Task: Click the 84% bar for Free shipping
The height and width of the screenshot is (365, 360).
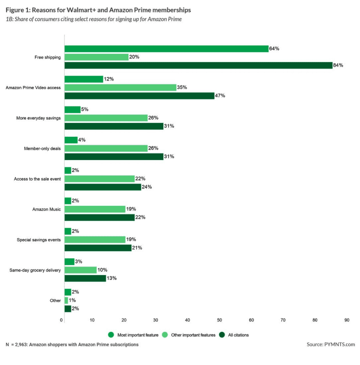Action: [198, 65]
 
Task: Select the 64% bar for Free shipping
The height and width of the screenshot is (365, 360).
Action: [166, 49]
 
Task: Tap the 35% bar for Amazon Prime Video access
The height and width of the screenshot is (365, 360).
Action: [120, 87]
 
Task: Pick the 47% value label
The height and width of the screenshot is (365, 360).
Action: [221, 95]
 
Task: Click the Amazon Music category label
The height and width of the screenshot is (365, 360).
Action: [46, 209]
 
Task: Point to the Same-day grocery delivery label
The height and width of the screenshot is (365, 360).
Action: [35, 270]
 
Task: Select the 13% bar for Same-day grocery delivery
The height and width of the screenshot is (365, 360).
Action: [85, 278]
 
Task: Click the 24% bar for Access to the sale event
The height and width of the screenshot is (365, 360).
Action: [103, 187]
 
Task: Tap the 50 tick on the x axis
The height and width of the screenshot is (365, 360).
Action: [220, 320]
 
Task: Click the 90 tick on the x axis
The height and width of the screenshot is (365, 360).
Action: [347, 320]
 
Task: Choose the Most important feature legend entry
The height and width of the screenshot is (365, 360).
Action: [135, 335]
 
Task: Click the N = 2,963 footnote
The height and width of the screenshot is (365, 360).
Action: [72, 344]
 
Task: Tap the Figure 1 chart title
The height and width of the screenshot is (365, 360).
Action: [98, 9]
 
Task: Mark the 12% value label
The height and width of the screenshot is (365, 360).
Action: [110, 79]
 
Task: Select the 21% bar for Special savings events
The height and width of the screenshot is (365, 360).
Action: [98, 248]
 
